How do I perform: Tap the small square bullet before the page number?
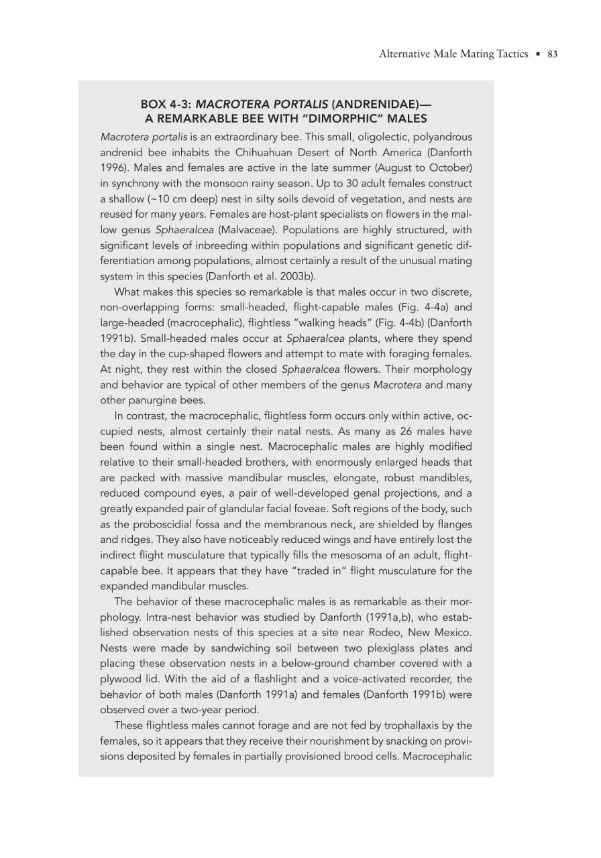(x=537, y=54)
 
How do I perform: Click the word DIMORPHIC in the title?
(x=378, y=119)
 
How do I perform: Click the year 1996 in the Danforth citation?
(x=113, y=168)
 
